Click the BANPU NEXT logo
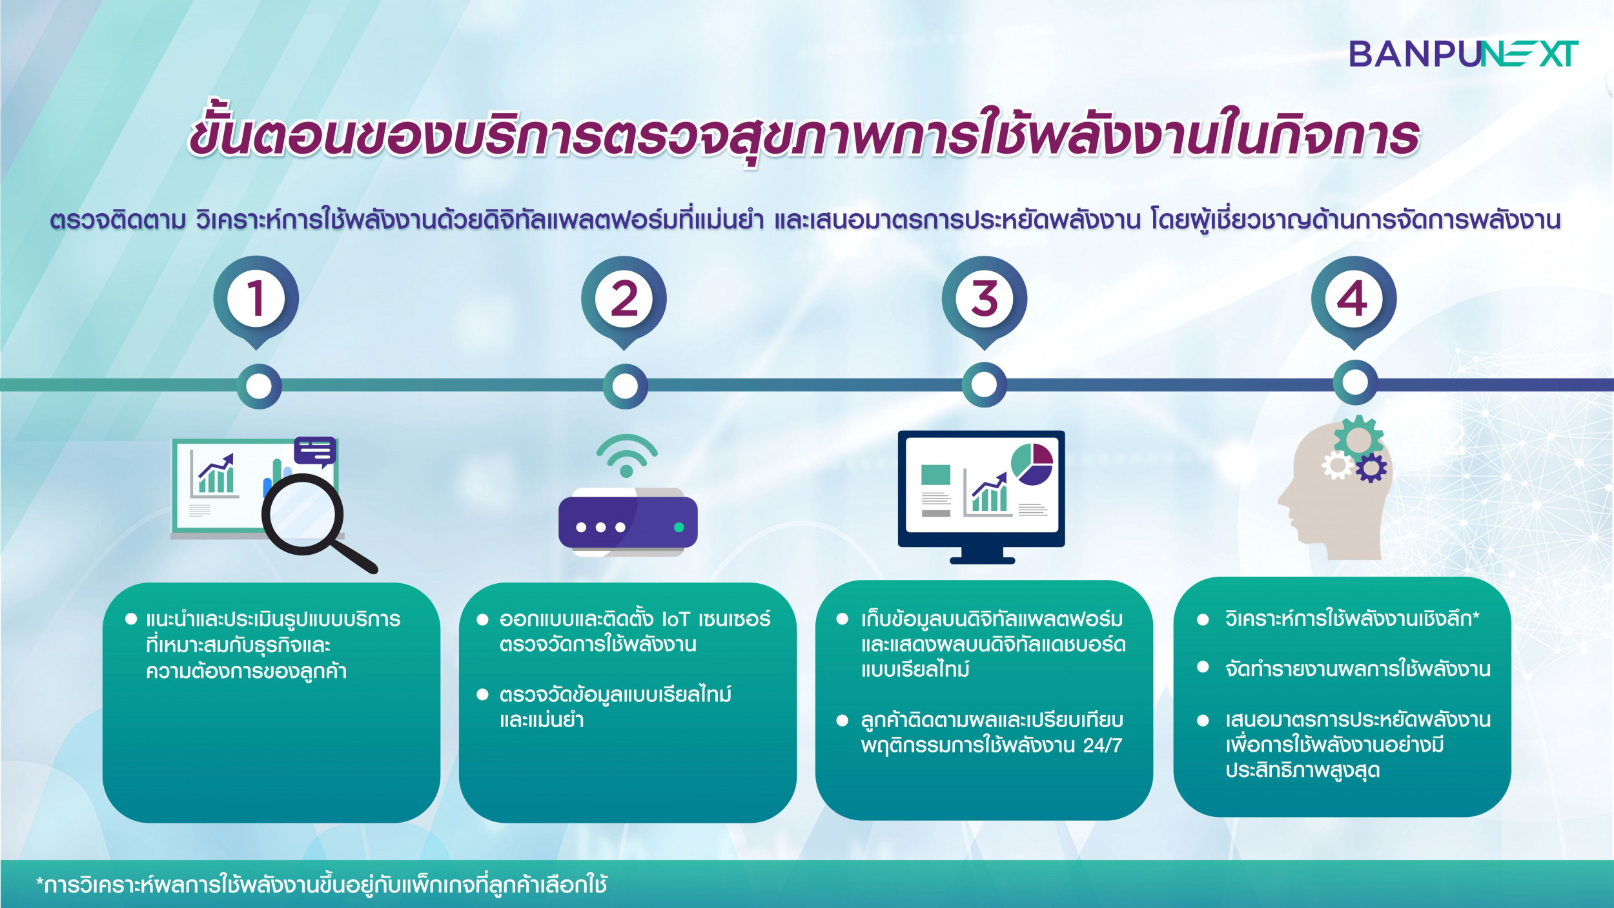[x=1463, y=54]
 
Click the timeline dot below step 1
[x=259, y=386]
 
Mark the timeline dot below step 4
[x=1354, y=383]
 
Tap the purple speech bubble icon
[x=315, y=451]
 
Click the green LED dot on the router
[x=679, y=528]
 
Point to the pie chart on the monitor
[x=1032, y=464]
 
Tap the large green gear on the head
[x=1358, y=440]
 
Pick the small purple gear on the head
[x=1371, y=468]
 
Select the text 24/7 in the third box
[x=1102, y=746]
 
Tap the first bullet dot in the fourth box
[x=1203, y=620]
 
